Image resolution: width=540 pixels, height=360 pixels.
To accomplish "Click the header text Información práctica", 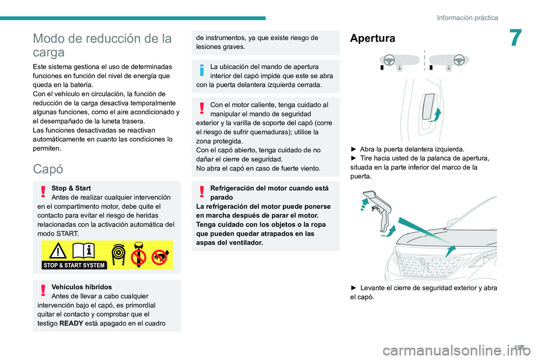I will tap(467, 17).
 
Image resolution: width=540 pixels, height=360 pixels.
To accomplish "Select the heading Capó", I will tap(48, 169).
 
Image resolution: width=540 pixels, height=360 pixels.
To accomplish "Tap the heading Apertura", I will tap(372, 38).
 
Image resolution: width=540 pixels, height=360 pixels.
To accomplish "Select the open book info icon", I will tap(83, 251).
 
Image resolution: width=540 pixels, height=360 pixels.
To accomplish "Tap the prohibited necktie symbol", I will tap(139, 255).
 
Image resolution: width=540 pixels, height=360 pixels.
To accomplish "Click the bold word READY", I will tap(69, 323).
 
